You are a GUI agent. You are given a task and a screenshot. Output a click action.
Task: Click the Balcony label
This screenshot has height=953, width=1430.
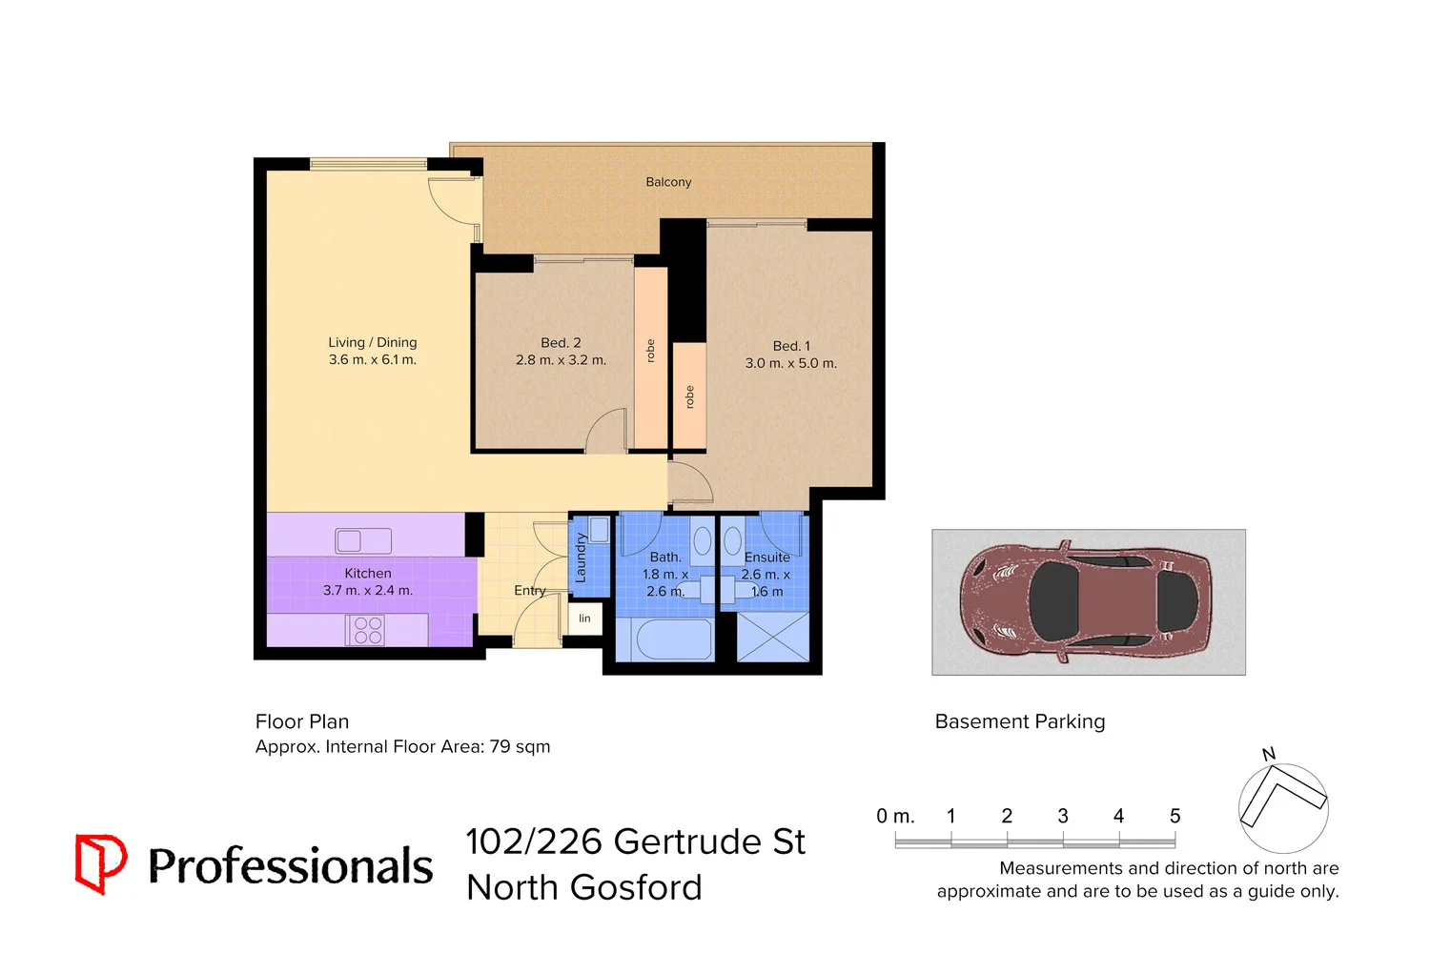(x=668, y=182)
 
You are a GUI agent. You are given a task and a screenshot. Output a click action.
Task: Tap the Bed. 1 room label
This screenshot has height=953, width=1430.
(x=791, y=346)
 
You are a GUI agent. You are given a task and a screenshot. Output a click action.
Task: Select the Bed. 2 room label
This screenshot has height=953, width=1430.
(x=561, y=343)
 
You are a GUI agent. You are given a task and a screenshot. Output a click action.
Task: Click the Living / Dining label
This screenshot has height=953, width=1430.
(x=373, y=342)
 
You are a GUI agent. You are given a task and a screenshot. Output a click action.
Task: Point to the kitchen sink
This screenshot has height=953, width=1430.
(x=363, y=541)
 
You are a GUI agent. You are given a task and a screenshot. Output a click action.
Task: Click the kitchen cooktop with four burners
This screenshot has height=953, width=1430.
(x=367, y=631)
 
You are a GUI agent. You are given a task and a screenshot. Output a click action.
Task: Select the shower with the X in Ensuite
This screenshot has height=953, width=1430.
(x=773, y=638)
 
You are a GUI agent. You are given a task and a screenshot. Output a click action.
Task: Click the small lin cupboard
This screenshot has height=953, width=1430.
(x=584, y=618)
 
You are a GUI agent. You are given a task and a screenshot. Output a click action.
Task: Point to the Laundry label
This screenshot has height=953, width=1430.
(x=581, y=558)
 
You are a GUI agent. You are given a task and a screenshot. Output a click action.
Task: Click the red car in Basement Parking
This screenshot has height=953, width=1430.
(x=1087, y=602)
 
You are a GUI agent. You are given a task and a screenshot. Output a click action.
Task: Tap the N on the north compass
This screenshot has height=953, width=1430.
(x=1269, y=755)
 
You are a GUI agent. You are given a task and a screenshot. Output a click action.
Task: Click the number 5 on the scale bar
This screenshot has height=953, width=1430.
(x=1175, y=817)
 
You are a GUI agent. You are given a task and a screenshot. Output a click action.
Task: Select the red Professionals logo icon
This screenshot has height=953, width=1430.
(x=100, y=863)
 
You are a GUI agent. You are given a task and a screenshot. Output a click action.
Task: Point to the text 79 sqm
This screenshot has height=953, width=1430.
(x=520, y=747)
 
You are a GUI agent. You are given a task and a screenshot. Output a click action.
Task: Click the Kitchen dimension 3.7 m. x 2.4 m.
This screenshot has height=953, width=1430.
(x=368, y=591)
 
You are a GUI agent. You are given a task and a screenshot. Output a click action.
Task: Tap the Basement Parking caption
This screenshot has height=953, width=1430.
(x=1020, y=721)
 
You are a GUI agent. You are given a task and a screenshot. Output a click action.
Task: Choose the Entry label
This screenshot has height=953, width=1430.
(x=529, y=591)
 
